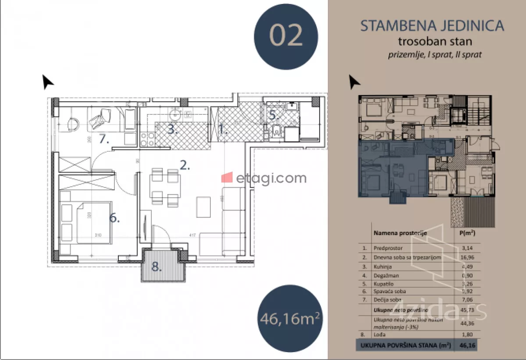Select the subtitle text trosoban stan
[432, 42]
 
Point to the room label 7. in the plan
[104, 139]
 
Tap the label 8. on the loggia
[156, 266]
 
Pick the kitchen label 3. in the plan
[172, 129]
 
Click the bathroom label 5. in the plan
[273, 116]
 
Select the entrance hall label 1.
[223, 129]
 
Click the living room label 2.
[185, 166]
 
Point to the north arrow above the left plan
[48, 82]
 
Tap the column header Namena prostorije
[400, 233]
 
